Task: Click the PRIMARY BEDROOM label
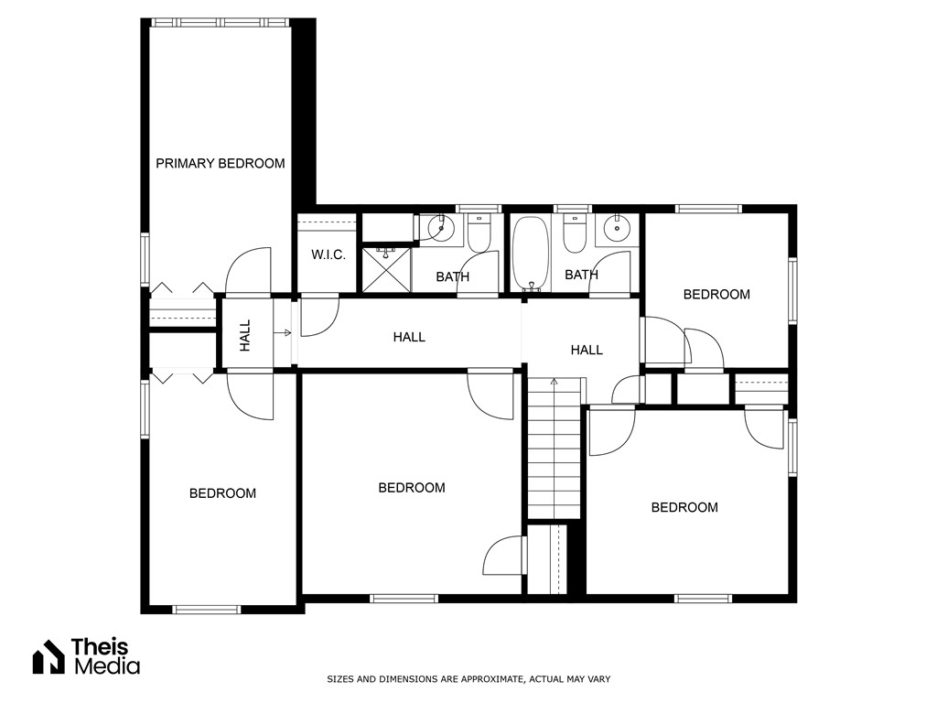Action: pos(220,164)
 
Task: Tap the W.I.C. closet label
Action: pos(328,254)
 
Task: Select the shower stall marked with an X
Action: pos(386,269)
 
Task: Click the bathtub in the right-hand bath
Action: pos(528,252)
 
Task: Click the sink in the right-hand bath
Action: pos(617,229)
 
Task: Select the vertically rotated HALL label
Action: pos(245,335)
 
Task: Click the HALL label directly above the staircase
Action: pos(587,350)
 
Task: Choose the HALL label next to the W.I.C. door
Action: pos(409,337)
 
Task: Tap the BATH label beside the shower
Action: pos(452,276)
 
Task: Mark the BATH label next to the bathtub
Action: pos(581,275)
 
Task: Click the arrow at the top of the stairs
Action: pos(554,381)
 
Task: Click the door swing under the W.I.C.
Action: pos(319,315)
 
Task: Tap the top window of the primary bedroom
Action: pos(220,22)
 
